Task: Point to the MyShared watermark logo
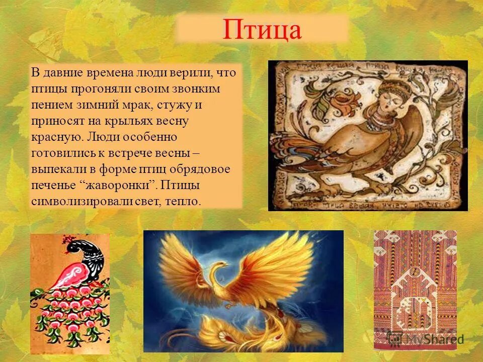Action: (x=428, y=338)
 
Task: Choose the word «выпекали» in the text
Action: (x=55, y=169)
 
